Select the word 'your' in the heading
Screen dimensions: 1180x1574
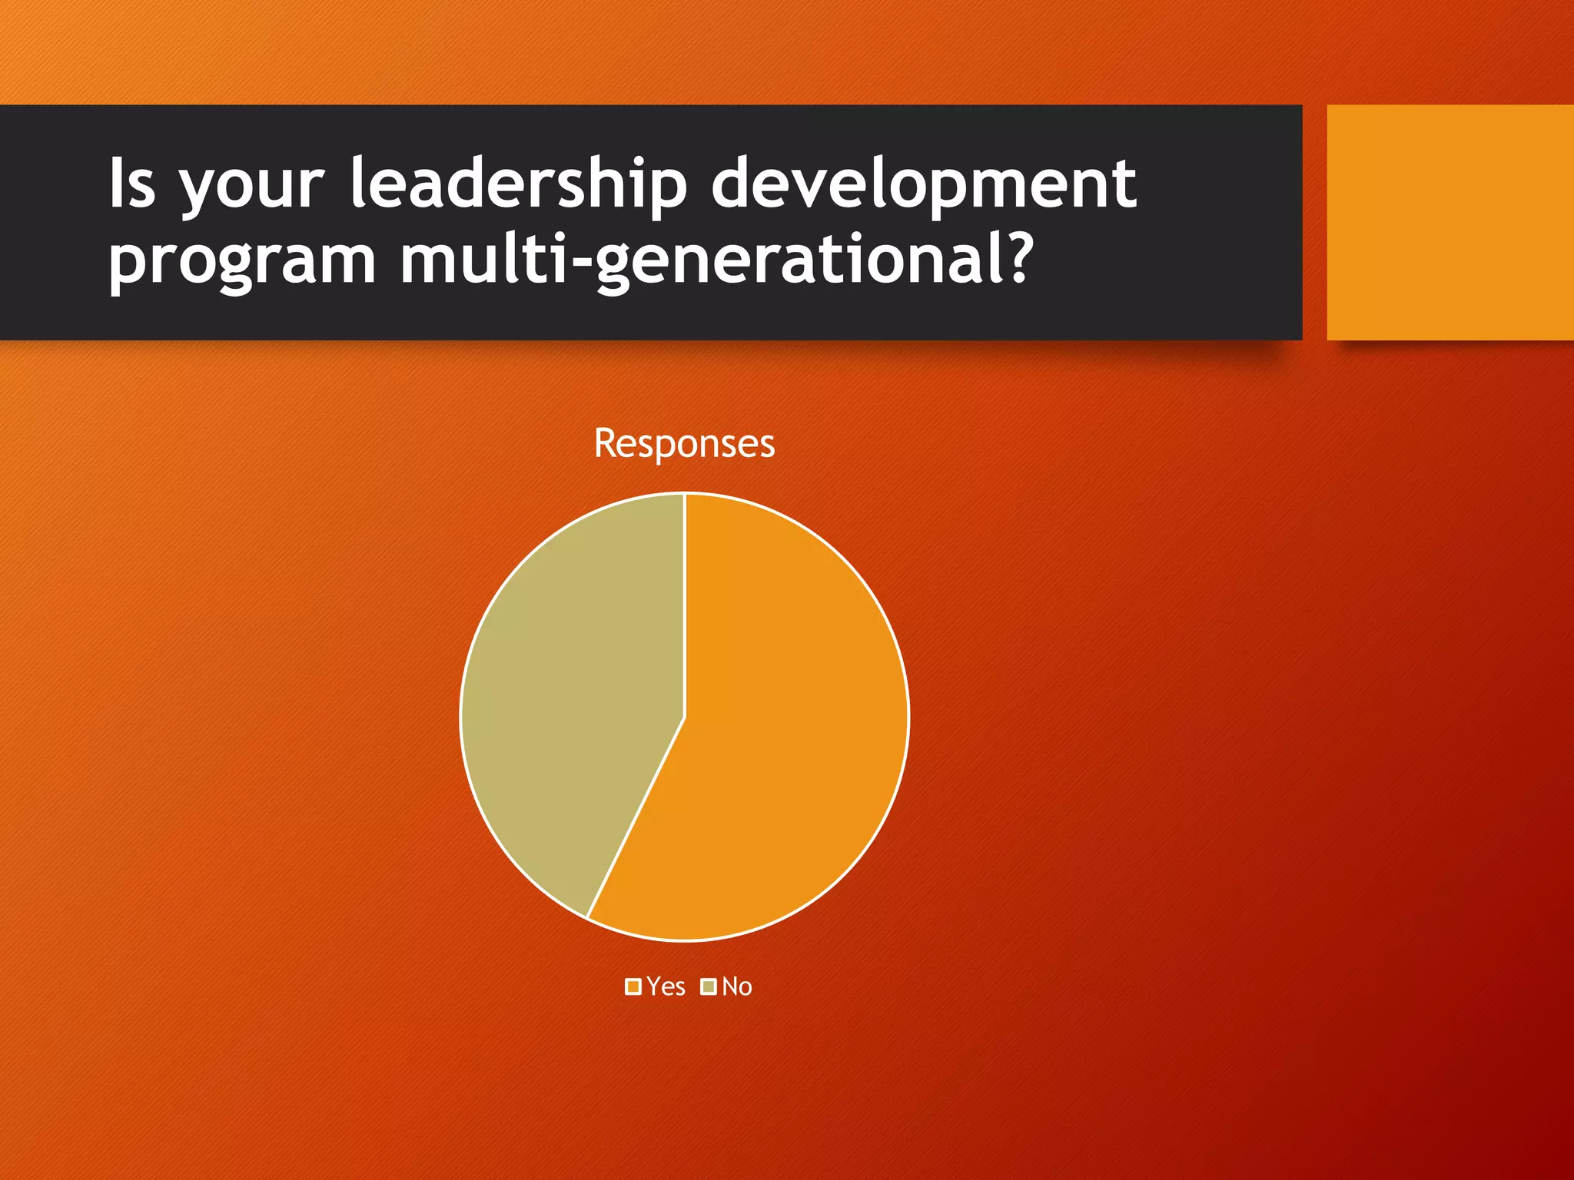(x=252, y=188)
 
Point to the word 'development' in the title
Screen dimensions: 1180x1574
(x=923, y=184)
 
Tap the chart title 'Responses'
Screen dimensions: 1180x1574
(x=684, y=443)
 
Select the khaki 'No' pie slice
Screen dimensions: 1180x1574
(x=569, y=691)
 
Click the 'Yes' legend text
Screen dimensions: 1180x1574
(x=666, y=986)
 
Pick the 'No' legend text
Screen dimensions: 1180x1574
(x=736, y=986)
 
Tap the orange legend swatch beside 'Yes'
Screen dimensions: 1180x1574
(x=633, y=986)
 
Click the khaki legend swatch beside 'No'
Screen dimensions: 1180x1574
(x=709, y=986)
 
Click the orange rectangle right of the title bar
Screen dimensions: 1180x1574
(x=1449, y=222)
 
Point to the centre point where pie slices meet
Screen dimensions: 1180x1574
(x=684, y=716)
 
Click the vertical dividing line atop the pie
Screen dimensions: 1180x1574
(x=684, y=599)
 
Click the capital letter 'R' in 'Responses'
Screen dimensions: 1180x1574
(x=605, y=443)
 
